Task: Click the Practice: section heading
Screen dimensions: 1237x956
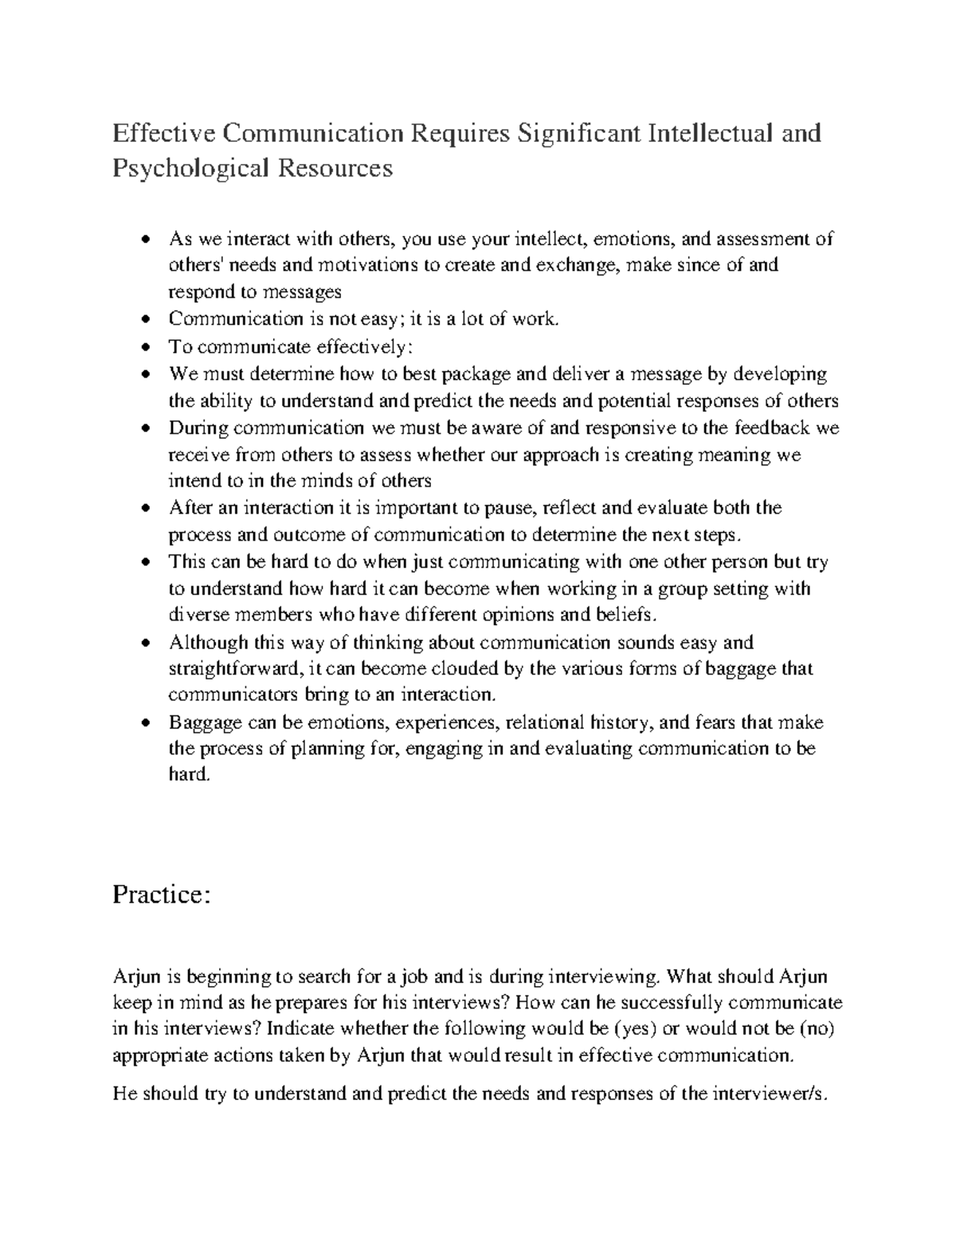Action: tap(162, 894)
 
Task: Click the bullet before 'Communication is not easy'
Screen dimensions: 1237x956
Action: tap(144, 320)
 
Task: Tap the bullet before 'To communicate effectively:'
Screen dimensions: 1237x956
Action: tap(144, 347)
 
